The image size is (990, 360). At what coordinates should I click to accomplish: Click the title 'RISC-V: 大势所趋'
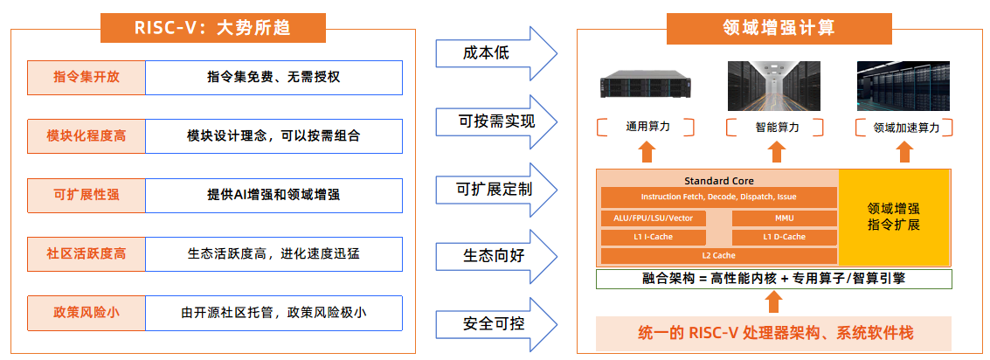pos(213,28)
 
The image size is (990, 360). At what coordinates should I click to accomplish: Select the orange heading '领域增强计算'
pos(779,28)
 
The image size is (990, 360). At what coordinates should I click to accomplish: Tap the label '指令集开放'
pos(87,78)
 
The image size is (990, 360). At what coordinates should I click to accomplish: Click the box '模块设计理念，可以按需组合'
pos(273,136)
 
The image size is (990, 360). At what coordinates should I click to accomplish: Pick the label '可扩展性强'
pos(87,195)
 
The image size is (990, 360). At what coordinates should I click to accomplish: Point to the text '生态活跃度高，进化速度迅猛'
pos(273,254)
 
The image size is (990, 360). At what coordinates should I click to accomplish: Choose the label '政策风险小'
pos(87,312)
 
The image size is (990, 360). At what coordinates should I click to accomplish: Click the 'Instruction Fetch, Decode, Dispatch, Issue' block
pos(718,197)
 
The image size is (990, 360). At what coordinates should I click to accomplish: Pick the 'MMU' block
pos(784,218)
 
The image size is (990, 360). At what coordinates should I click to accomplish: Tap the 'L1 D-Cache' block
pos(784,237)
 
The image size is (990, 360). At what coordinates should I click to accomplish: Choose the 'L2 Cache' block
pos(718,255)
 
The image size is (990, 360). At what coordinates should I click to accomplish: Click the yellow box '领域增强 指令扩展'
pos(894,218)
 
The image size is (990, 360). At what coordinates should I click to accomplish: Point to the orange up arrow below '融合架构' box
pos(772,302)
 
